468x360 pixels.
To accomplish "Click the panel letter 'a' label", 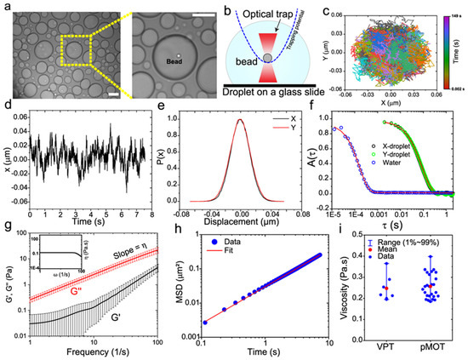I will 6,6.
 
